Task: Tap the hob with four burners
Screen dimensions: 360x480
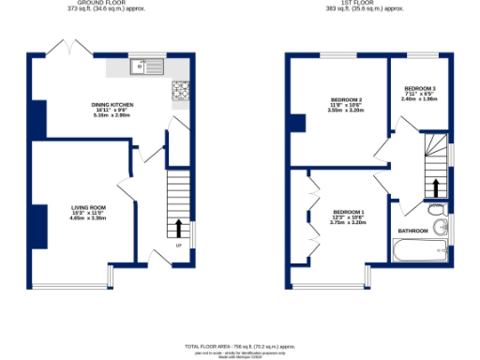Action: pos(181,91)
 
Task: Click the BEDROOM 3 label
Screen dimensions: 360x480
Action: pos(420,91)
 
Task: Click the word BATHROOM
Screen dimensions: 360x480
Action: pos(412,231)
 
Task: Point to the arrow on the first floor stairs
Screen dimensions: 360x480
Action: pos(434,185)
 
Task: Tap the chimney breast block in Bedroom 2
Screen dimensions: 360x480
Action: pos(298,124)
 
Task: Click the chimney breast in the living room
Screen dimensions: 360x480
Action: pos(40,226)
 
